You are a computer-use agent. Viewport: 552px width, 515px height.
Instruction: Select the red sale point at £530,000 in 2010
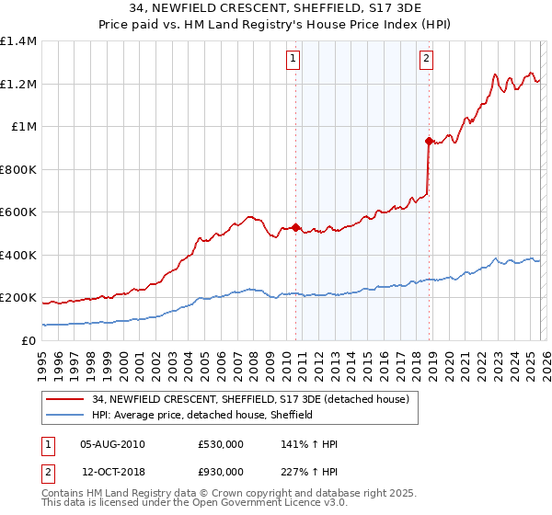295,227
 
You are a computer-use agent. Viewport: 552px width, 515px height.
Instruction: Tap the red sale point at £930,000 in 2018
429,141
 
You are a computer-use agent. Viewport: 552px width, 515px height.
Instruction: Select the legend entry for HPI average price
202,415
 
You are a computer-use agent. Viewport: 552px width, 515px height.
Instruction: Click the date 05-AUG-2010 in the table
112,444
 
